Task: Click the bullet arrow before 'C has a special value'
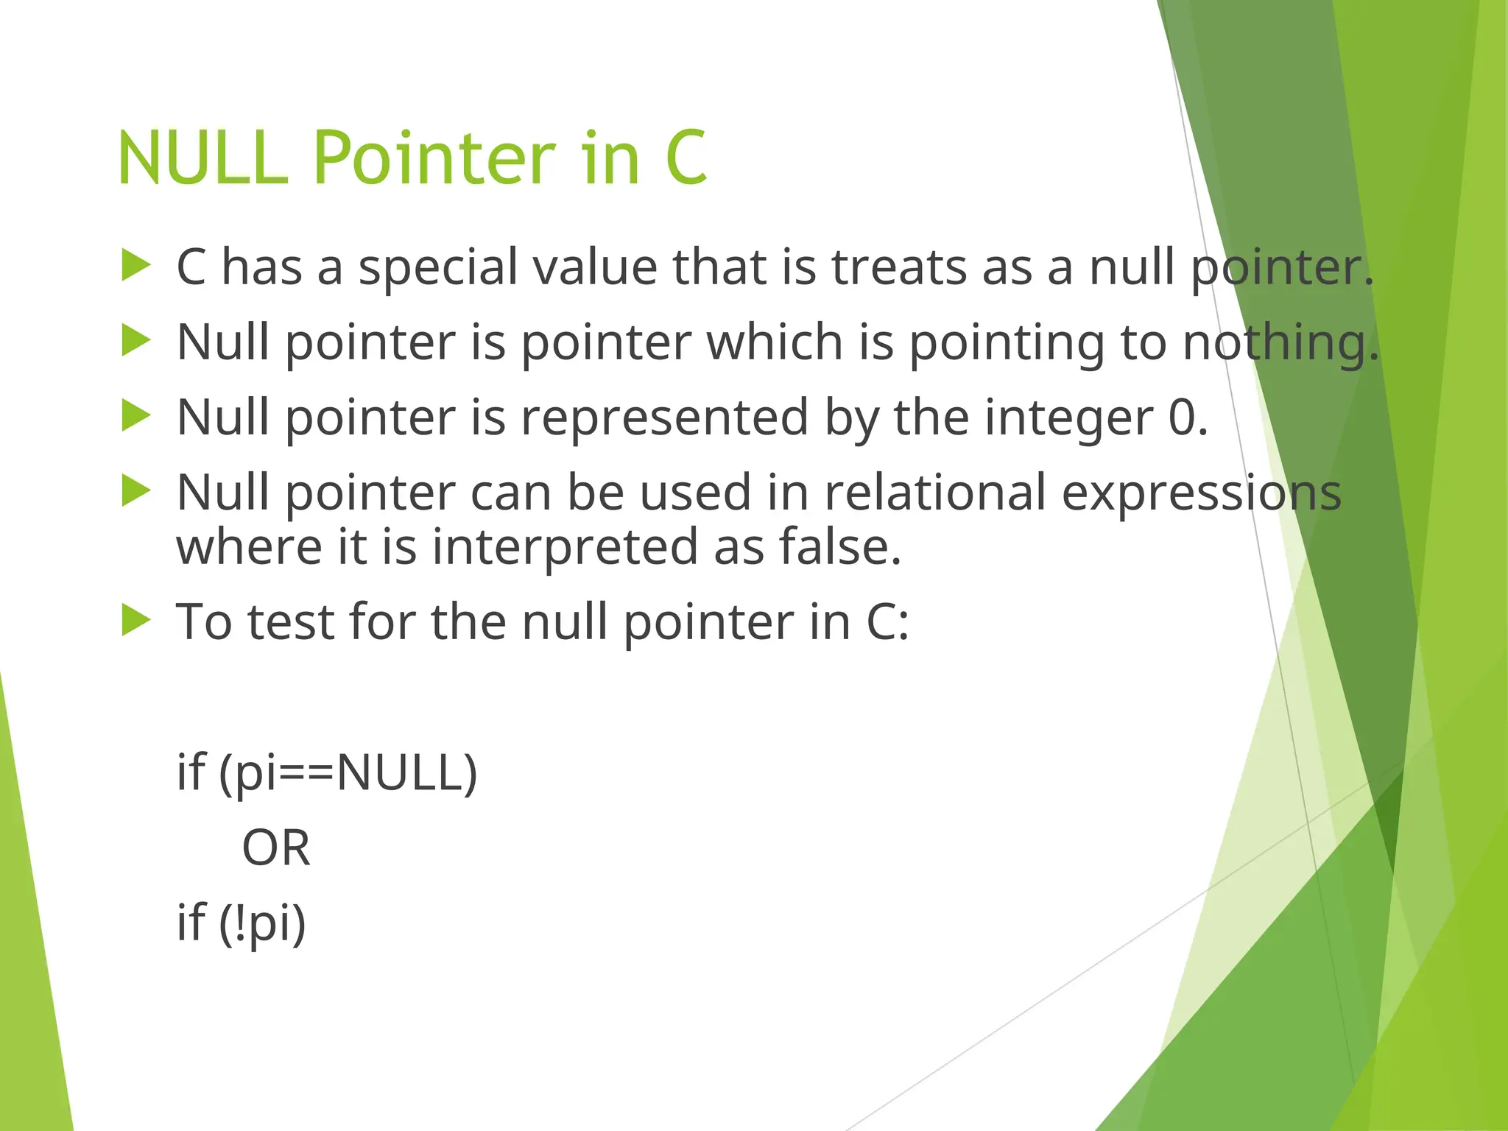point(135,266)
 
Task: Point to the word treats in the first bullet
point(899,267)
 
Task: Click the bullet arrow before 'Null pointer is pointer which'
point(135,341)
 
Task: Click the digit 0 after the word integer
point(1183,417)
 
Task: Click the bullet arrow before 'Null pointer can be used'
point(135,491)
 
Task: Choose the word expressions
point(1201,494)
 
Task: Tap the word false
point(839,547)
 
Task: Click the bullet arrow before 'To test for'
point(135,620)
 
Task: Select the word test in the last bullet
point(291,621)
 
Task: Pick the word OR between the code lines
point(276,848)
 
